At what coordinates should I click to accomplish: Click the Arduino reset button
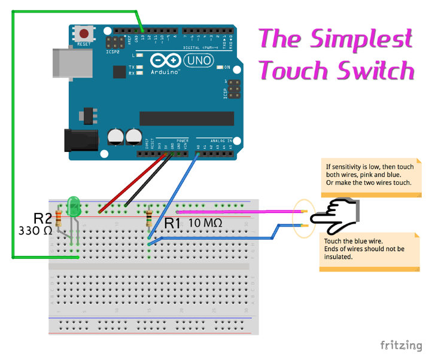pyautogui.click(x=84, y=34)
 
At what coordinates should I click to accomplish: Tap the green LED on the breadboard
pyautogui.click(x=75, y=207)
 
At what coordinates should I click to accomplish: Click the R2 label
pyautogui.click(x=42, y=217)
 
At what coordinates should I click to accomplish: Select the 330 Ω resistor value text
pyautogui.click(x=35, y=230)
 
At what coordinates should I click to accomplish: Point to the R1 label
pyautogui.click(x=172, y=224)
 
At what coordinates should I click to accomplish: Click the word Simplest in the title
pyautogui.click(x=361, y=39)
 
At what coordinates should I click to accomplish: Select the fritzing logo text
pyautogui.click(x=401, y=345)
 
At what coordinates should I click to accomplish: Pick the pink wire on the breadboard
pyautogui.click(x=239, y=211)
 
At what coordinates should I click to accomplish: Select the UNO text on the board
pyautogui.click(x=193, y=60)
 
